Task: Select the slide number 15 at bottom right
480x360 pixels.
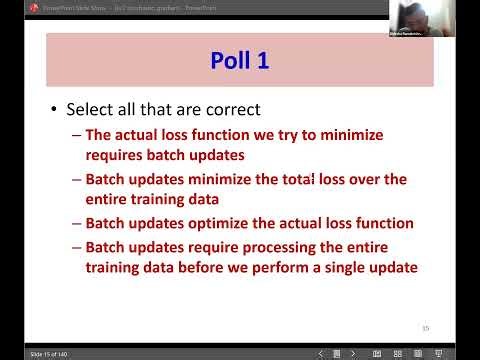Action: [425, 327]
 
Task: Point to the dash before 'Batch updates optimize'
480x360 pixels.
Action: [77, 223]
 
